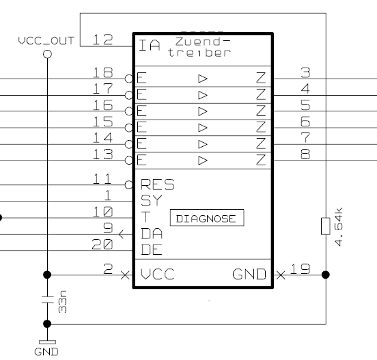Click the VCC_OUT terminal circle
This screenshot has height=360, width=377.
[47, 54]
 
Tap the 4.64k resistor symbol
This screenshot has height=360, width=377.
[326, 226]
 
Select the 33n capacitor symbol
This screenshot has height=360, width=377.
[48, 300]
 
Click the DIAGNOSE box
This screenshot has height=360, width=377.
[207, 218]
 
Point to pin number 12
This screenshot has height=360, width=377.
[102, 40]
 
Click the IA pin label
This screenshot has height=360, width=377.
[150, 45]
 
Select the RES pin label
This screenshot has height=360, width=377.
[158, 184]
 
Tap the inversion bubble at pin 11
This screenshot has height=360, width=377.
[129, 185]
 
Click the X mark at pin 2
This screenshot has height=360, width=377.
[125, 275]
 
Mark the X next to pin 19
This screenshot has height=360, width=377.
[281, 275]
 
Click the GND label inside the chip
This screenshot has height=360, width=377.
[249, 274]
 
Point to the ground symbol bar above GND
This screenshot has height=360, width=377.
[47, 342]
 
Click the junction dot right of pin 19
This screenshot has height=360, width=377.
[326, 275]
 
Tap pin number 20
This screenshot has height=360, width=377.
[102, 245]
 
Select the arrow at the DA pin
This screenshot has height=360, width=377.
[122, 234]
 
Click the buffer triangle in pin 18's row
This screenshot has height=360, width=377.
[203, 79]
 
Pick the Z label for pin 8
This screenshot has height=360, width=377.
[261, 160]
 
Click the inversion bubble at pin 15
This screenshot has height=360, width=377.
[129, 128]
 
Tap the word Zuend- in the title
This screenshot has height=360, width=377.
[203, 42]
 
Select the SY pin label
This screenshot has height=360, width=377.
[152, 201]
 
